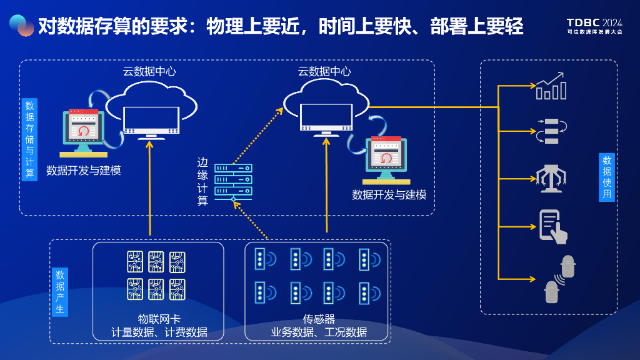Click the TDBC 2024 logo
(x=594, y=24)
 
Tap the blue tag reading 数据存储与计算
(x=29, y=139)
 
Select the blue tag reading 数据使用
(x=607, y=177)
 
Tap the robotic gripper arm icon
(x=551, y=176)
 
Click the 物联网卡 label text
(x=159, y=319)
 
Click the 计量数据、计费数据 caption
(x=159, y=332)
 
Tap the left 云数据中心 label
(x=149, y=71)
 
